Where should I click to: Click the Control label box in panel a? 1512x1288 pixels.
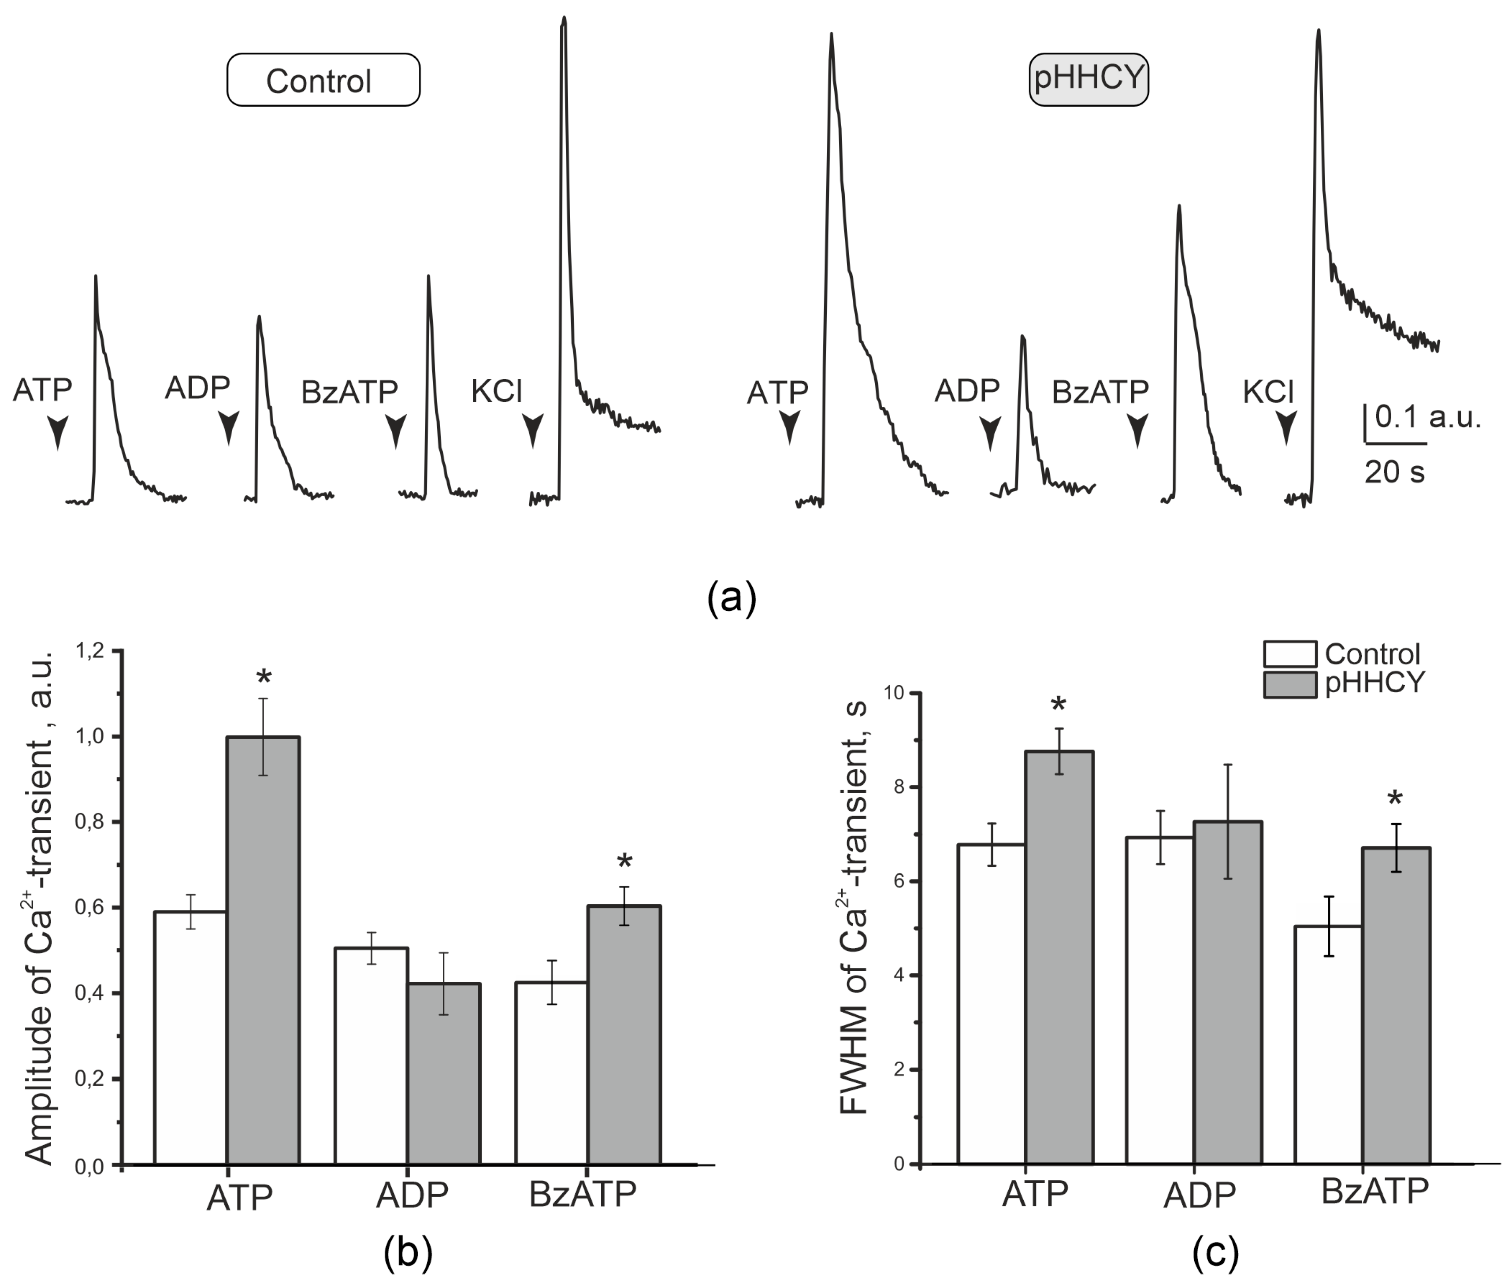click(x=323, y=80)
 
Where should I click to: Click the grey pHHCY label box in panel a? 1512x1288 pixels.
click(x=1088, y=78)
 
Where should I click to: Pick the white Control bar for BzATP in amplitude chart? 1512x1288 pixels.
click(x=551, y=1072)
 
